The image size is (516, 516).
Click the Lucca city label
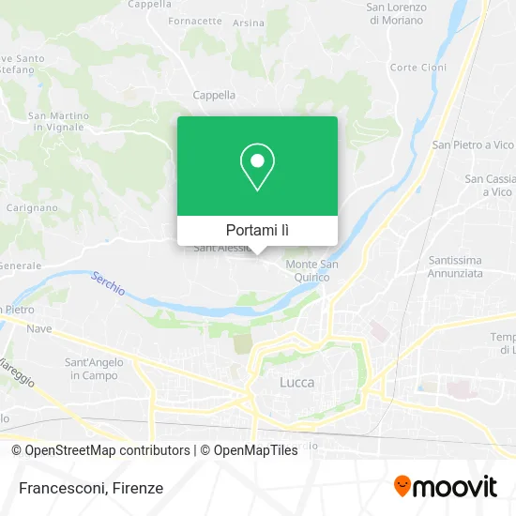(297, 383)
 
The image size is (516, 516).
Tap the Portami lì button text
(257, 230)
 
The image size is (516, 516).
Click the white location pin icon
(257, 167)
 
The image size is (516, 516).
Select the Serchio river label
(109, 283)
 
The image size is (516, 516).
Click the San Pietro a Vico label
(472, 144)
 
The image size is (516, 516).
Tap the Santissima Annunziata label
(455, 266)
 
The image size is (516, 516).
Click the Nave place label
(39, 328)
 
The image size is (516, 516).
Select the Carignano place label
(32, 207)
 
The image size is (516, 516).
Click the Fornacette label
(194, 20)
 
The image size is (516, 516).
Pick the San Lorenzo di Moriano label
(399, 13)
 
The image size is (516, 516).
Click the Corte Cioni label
(417, 68)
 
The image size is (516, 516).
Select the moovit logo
(445, 486)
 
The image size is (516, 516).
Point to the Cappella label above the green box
(214, 95)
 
